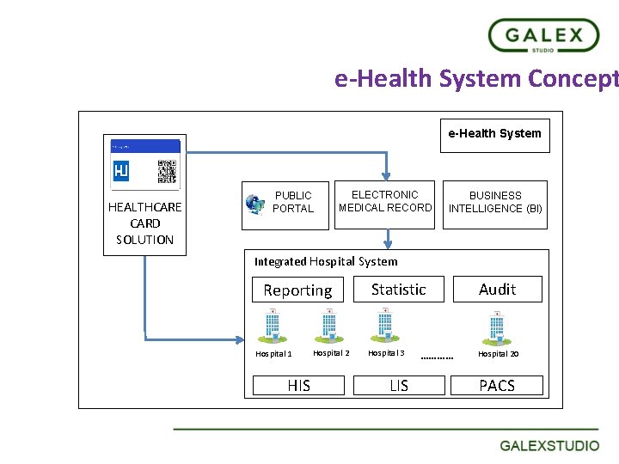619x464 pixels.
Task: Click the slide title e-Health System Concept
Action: point(475,79)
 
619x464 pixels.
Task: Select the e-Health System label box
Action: point(494,134)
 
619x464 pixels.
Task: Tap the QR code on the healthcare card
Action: point(167,172)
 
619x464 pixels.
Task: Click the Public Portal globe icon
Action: point(254,204)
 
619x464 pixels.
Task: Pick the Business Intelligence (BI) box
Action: point(495,203)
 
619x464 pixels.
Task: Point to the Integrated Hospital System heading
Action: point(326,261)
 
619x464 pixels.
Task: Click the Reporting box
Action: point(297,290)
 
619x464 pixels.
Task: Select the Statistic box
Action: point(398,290)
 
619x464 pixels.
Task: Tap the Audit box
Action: point(497,290)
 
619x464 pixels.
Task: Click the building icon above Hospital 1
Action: point(271,325)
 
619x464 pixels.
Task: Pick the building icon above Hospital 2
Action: point(328,325)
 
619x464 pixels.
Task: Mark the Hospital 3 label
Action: point(386,353)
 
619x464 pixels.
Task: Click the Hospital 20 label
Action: point(498,354)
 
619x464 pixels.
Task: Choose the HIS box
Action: point(298,386)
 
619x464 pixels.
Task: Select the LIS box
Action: point(399,386)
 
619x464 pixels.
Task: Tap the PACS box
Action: point(497,386)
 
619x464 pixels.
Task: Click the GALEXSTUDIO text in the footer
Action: point(550,446)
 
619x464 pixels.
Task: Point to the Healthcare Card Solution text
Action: point(144,223)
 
